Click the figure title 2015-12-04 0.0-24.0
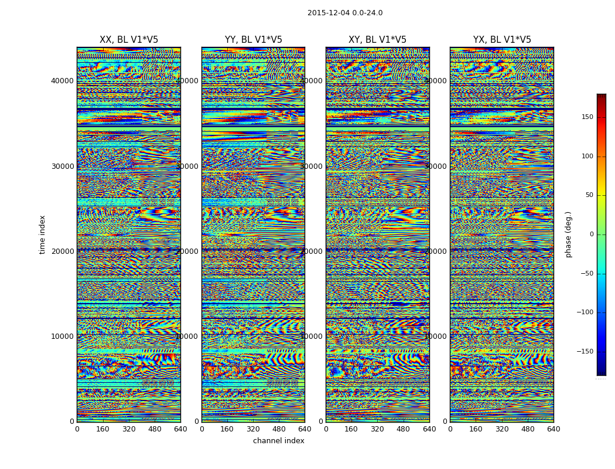pyautogui.click(x=345, y=13)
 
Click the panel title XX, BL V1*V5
pyautogui.click(x=129, y=40)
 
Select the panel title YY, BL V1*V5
pyautogui.click(x=253, y=40)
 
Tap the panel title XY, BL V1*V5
pyautogui.click(x=377, y=40)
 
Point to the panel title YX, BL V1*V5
pyautogui.click(x=502, y=40)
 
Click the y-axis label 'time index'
pyautogui.click(x=42, y=234)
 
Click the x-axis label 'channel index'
pyautogui.click(x=278, y=441)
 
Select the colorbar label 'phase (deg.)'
pyautogui.click(x=568, y=235)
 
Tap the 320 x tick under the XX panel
pyautogui.click(x=129, y=429)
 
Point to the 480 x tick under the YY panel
pyautogui.click(x=279, y=429)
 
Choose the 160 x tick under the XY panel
pyautogui.click(x=351, y=429)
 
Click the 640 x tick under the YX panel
pyautogui.click(x=553, y=429)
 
